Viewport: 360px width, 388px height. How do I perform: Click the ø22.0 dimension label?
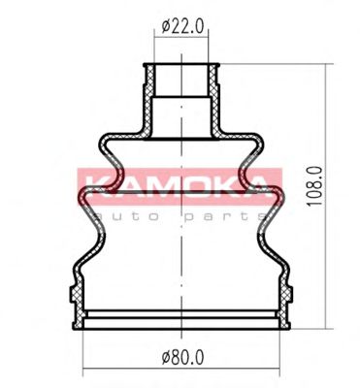(x=183, y=27)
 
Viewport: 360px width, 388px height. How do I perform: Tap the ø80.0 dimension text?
(x=183, y=358)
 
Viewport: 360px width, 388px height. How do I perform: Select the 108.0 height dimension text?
(x=315, y=185)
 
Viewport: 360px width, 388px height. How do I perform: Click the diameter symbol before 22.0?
(x=165, y=27)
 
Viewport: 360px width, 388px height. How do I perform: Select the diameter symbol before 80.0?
(x=165, y=358)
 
